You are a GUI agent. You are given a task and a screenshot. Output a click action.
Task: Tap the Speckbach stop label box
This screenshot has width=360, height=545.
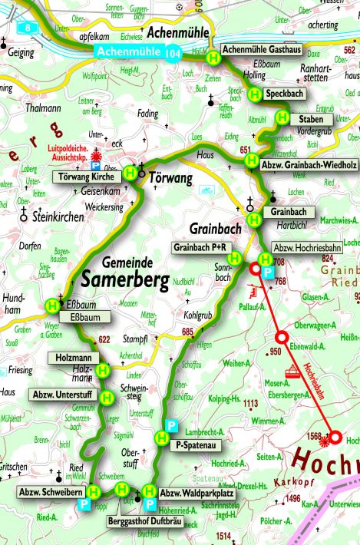pos(286,94)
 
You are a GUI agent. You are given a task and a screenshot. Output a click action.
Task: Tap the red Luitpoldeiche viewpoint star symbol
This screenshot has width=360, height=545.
pos(96,153)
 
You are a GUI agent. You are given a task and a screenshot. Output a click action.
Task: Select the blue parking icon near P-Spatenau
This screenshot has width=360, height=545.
pos(172,426)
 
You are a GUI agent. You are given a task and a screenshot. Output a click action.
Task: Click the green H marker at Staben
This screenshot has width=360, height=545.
pos(282,119)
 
